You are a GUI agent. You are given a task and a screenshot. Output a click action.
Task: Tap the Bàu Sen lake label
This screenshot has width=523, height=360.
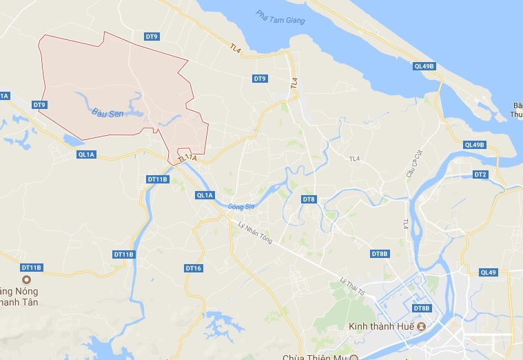click(107, 112)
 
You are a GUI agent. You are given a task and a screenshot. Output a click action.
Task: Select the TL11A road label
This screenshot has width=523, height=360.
click(187, 159)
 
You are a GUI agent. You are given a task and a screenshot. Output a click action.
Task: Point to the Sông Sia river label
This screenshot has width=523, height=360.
click(241, 206)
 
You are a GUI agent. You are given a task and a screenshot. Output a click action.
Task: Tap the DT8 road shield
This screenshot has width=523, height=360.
click(309, 199)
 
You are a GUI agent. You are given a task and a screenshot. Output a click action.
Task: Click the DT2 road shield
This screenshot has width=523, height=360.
click(480, 174)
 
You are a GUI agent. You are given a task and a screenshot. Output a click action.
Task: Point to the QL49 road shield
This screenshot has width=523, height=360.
click(489, 272)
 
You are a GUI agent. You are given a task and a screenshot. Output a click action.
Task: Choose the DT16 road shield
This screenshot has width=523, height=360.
click(194, 268)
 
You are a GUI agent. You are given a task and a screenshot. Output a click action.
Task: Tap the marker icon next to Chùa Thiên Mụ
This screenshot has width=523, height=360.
click(353, 357)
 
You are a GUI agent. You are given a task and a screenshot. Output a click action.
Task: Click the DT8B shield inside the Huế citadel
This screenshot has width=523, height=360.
click(422, 308)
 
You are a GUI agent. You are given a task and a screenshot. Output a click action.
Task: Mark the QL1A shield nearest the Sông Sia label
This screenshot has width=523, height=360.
click(205, 195)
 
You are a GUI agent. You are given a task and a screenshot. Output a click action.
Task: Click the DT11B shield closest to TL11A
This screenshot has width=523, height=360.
click(158, 179)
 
